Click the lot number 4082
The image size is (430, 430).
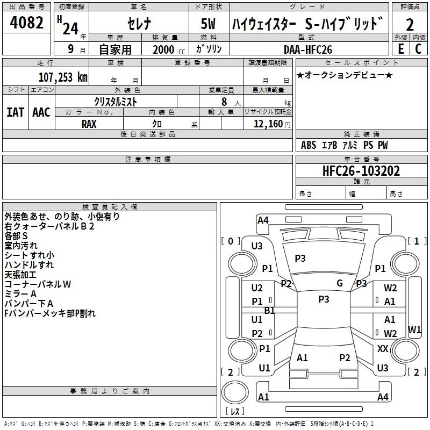pos(27,23)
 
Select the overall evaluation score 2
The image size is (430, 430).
pos(410,24)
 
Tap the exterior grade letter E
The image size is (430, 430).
pos(400,48)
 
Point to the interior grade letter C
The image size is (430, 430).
pos(418,48)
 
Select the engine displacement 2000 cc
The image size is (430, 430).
pos(164,49)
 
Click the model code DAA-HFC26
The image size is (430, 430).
pos(308,49)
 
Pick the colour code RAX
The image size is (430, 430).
pos(89,123)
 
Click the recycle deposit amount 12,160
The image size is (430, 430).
pos(268,124)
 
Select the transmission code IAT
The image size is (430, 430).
pos(15,112)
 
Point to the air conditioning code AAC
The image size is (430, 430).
pos(41,112)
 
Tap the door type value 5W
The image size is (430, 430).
pos(208,24)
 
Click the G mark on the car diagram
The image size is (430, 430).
pos(340,283)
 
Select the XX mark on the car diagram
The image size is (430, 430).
pos(383,349)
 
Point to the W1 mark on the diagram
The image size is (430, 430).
pos(414,329)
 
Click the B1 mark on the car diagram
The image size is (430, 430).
pos(269,310)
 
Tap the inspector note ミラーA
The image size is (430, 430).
pos(20,293)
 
